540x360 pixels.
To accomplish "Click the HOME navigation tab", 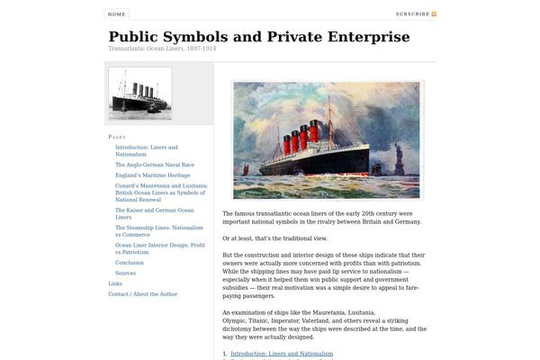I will pos(116,14).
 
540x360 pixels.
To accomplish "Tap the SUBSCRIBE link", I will pos(412,14).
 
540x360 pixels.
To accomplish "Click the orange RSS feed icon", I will pos(434,14).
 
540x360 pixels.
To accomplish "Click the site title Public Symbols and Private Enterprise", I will pos(258,37).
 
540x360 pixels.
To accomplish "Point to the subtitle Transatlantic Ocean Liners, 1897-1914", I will pos(162,49).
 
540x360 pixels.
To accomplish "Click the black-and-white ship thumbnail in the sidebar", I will pos(139,93).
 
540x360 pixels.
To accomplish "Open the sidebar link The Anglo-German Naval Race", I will pos(154,165).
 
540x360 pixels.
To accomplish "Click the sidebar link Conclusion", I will pos(129,263).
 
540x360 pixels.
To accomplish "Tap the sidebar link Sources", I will pos(125,273).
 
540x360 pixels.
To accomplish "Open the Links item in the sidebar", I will pos(115,283).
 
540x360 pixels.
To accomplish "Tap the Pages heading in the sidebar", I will pos(117,136).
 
